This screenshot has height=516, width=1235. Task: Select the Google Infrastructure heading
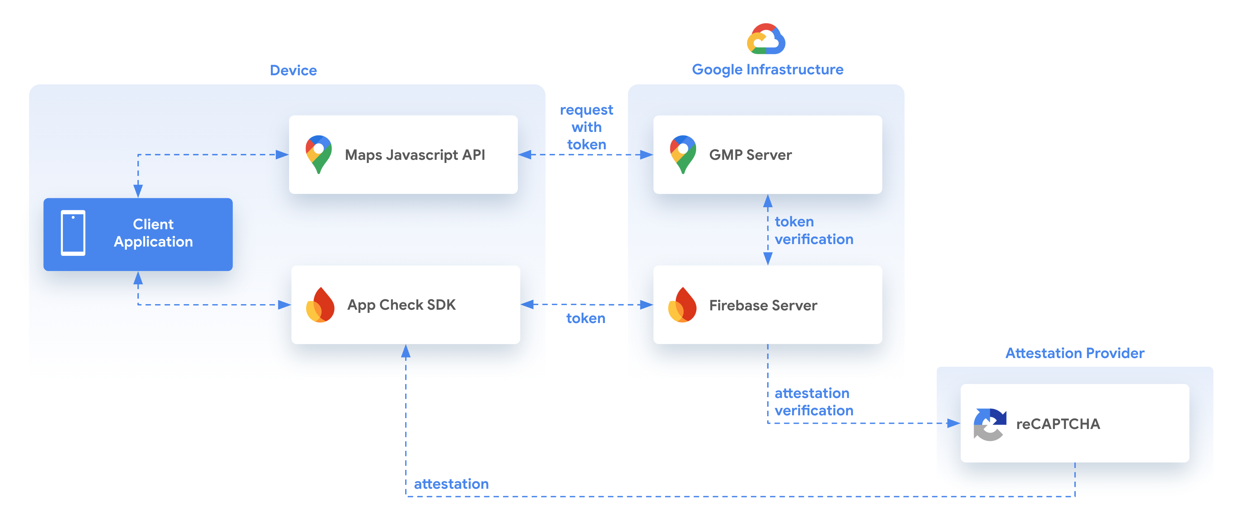click(x=767, y=70)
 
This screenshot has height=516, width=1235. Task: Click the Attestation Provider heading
click(x=1074, y=353)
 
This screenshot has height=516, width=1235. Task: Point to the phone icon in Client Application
click(x=73, y=233)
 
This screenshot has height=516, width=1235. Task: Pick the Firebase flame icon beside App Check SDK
click(x=320, y=305)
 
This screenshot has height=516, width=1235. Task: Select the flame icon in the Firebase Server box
click(x=682, y=305)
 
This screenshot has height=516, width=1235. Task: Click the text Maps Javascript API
click(x=415, y=155)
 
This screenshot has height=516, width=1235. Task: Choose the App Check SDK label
click(x=401, y=305)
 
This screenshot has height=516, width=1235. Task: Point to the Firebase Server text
click(x=763, y=305)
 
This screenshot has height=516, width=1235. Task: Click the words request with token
click(x=586, y=127)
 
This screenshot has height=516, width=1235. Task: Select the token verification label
click(x=814, y=230)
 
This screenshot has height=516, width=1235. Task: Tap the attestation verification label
click(x=814, y=402)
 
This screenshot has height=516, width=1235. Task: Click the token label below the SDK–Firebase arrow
click(x=585, y=318)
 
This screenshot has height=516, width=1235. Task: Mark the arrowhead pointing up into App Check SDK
click(x=405, y=352)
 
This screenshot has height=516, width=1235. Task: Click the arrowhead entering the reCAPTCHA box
click(x=953, y=423)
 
